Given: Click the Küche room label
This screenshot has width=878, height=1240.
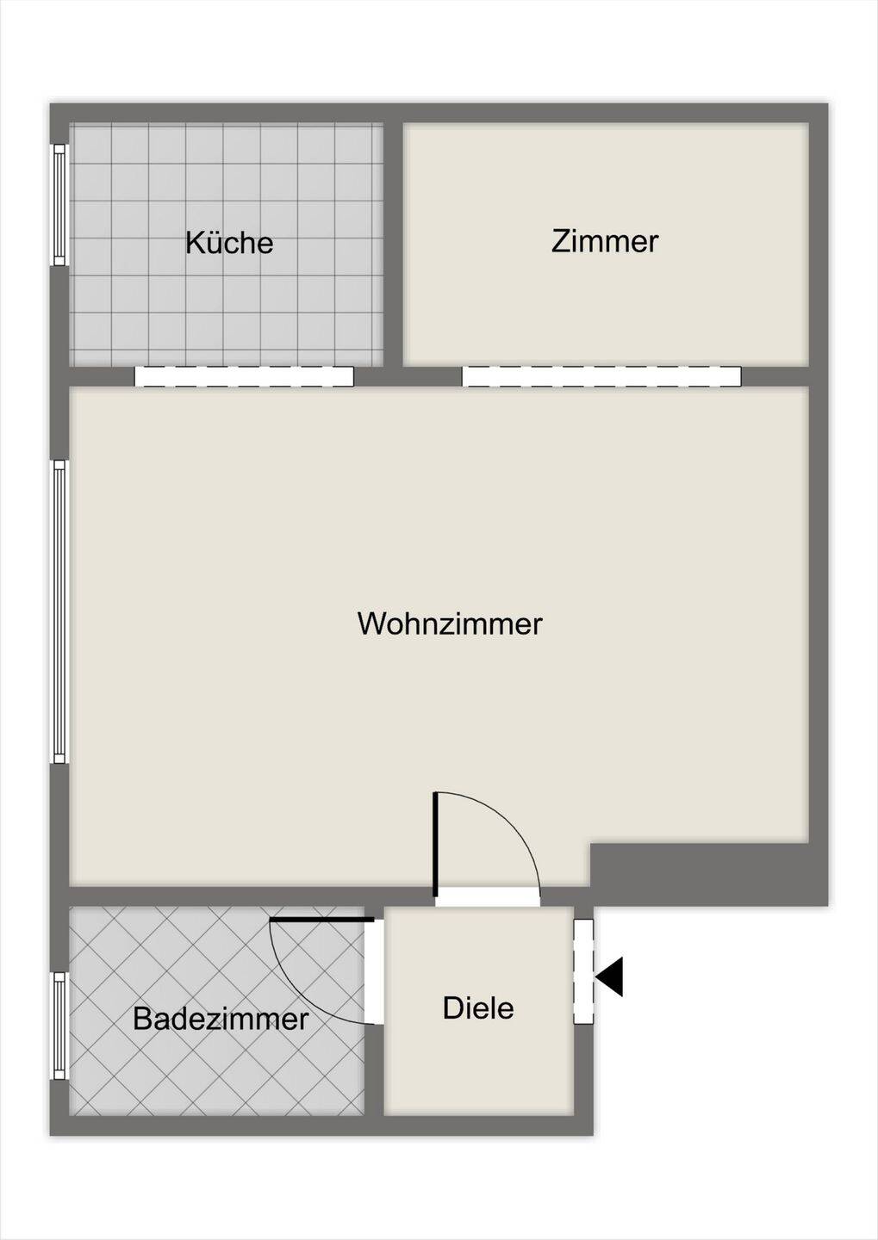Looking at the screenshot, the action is [x=229, y=243].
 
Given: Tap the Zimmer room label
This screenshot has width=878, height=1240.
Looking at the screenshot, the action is [x=605, y=241].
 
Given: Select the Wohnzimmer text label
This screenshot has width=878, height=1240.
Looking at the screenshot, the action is [x=450, y=623].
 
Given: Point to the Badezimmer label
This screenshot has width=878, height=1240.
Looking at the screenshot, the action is [x=221, y=1020].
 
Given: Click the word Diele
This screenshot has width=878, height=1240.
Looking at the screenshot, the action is [x=478, y=1008].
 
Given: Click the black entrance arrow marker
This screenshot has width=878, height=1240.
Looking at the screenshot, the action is [x=609, y=976].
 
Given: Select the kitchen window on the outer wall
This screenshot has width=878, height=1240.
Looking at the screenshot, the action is [x=59, y=205].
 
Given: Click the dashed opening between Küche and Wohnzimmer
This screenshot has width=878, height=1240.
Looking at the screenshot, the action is [x=245, y=376].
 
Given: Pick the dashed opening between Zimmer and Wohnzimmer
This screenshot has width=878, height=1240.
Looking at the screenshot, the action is [x=601, y=376].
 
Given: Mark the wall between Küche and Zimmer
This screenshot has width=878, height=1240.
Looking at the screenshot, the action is [x=393, y=244].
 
